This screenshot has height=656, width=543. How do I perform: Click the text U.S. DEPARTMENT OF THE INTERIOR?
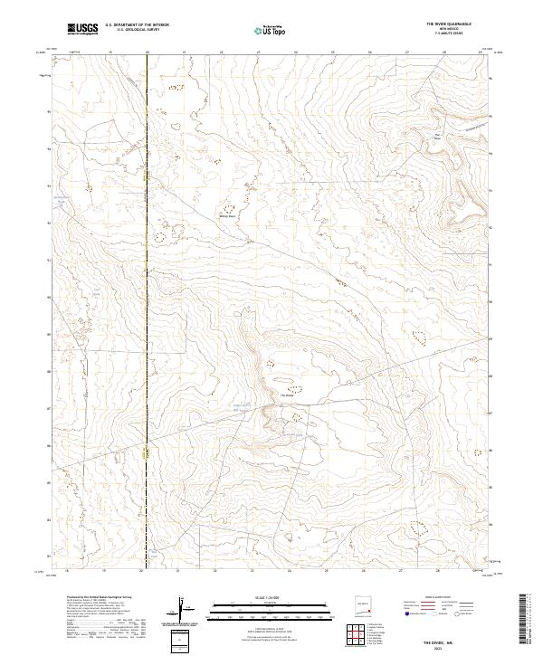pyautogui.click(x=137, y=24)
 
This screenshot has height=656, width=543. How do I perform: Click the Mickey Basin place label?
pyautogui.click(x=228, y=216)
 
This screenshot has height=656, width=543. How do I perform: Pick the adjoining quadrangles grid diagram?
pyautogui.click(x=361, y=635)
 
